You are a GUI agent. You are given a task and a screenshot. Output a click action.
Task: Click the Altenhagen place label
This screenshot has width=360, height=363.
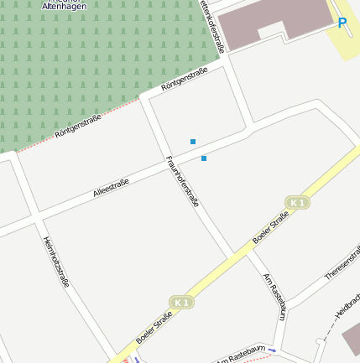click(x=64, y=5)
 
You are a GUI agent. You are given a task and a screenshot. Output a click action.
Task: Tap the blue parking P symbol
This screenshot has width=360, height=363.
click(x=342, y=23)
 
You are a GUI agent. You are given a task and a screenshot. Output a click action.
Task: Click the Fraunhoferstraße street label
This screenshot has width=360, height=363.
click(x=182, y=181)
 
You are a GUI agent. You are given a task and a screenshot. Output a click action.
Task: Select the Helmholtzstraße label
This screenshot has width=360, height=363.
click(x=56, y=261)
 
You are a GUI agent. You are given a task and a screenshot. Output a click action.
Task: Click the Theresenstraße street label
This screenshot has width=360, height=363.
click(x=342, y=263)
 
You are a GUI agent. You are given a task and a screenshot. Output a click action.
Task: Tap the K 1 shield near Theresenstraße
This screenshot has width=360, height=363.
click(x=296, y=203)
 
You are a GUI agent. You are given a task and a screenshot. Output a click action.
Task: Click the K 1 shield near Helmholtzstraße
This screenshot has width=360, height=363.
click(x=181, y=302)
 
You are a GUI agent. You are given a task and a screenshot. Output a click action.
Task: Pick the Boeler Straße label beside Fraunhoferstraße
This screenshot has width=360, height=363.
click(x=270, y=227)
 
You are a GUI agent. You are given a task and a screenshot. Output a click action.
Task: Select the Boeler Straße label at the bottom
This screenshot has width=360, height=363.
click(x=154, y=328)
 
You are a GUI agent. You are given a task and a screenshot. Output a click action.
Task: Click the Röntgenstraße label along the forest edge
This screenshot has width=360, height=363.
click(x=77, y=126)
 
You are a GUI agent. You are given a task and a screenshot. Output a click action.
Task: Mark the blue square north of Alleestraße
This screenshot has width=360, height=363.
click(x=193, y=142)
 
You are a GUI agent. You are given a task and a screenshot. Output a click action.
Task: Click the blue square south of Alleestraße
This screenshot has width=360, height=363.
click(x=204, y=158)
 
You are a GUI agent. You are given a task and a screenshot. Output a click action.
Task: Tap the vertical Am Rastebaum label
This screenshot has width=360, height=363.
click(x=274, y=296)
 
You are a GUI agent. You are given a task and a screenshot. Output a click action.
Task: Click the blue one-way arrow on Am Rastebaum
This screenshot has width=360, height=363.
click(x=272, y=350)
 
